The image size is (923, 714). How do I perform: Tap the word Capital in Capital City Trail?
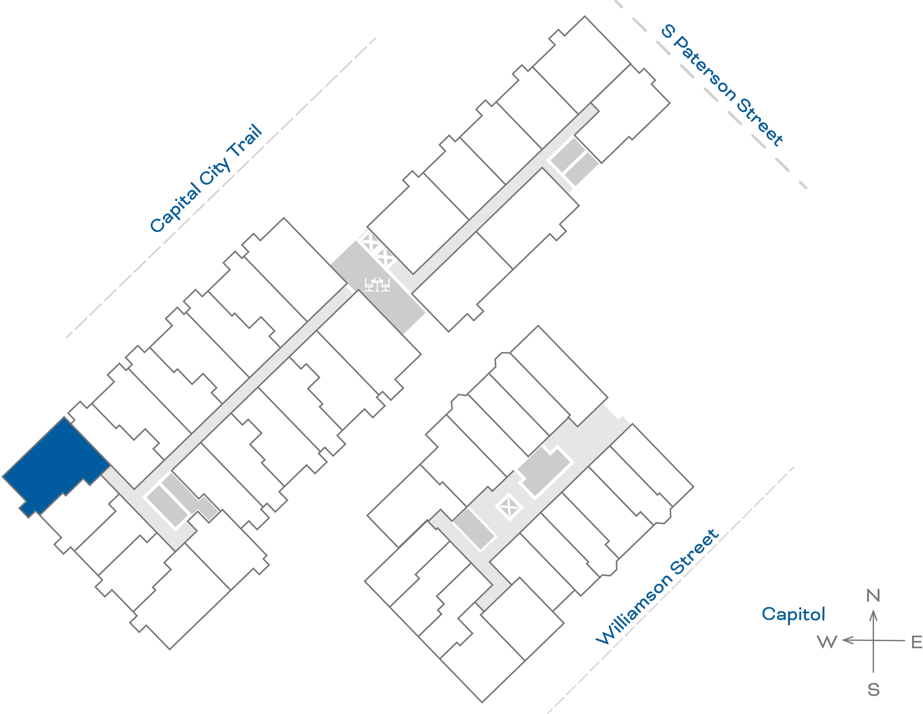point(175,207)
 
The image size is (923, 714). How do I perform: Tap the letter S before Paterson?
point(668,30)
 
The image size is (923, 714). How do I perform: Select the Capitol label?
point(793,614)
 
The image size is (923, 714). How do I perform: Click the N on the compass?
point(873,596)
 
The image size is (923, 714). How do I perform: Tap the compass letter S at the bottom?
point(874,690)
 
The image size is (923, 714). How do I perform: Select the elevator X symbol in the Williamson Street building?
point(509,507)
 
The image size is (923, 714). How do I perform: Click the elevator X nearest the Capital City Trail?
point(370,242)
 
